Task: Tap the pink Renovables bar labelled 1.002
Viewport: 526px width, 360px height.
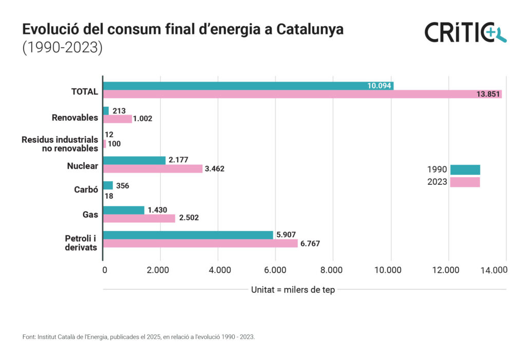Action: tap(118, 119)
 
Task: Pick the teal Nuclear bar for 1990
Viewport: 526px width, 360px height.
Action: tap(134, 160)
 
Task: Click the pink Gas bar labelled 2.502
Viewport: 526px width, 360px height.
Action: tap(139, 218)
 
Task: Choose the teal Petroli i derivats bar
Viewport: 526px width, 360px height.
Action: tap(188, 235)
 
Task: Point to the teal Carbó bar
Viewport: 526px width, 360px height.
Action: tap(108, 185)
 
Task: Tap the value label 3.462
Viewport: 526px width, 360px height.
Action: tap(215, 168)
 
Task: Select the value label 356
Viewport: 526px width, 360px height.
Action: tap(123, 185)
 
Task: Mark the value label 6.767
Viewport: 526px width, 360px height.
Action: tap(310, 243)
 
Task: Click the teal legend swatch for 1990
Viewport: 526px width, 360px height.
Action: tap(465, 169)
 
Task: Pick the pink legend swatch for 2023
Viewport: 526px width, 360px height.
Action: tap(465, 182)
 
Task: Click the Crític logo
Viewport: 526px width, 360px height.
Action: tap(465, 32)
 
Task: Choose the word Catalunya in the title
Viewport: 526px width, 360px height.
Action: tap(310, 30)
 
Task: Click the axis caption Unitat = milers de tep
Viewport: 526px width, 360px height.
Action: tap(293, 290)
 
